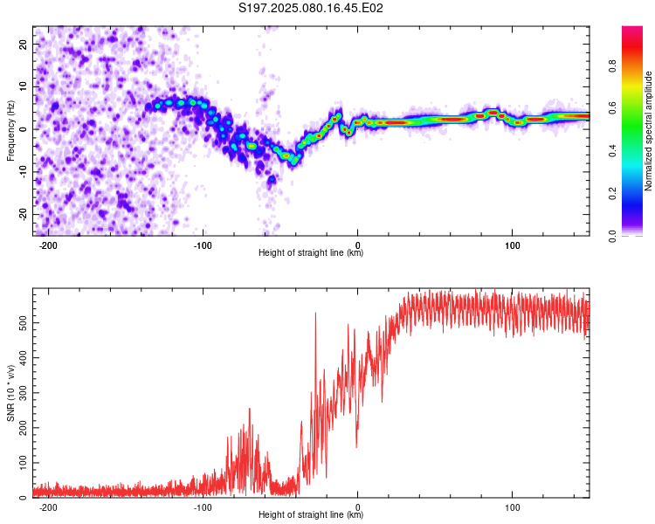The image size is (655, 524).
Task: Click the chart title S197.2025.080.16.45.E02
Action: click(x=310, y=8)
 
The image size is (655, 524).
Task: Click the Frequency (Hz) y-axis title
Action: click(x=10, y=131)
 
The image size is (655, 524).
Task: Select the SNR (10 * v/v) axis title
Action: click(x=10, y=393)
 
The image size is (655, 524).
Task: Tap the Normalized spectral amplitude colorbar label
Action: click(x=648, y=131)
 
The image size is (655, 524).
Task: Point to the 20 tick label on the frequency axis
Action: click(x=23, y=44)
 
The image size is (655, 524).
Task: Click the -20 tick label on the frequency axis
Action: click(x=23, y=214)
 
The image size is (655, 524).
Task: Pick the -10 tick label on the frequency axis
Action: click(x=23, y=172)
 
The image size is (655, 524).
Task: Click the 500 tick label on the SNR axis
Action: click(x=23, y=323)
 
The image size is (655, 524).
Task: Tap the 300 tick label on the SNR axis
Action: click(x=23, y=393)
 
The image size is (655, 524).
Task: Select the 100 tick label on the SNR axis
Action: click(x=23, y=463)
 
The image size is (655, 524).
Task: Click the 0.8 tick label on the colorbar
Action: click(x=612, y=66)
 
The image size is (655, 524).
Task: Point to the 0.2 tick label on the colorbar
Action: click(x=612, y=194)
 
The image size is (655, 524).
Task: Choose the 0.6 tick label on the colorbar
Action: click(x=612, y=108)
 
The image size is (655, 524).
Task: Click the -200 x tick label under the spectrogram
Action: click(x=48, y=245)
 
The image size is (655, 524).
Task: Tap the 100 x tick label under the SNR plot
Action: click(x=512, y=507)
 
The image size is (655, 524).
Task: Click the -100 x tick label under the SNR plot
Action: click(x=203, y=507)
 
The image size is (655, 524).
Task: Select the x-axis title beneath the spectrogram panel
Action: click(x=311, y=252)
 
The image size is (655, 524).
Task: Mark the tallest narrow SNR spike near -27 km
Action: click(x=315, y=314)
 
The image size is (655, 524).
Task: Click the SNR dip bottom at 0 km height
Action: click(x=356, y=447)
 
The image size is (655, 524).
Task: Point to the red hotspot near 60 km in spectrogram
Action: click(x=454, y=119)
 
